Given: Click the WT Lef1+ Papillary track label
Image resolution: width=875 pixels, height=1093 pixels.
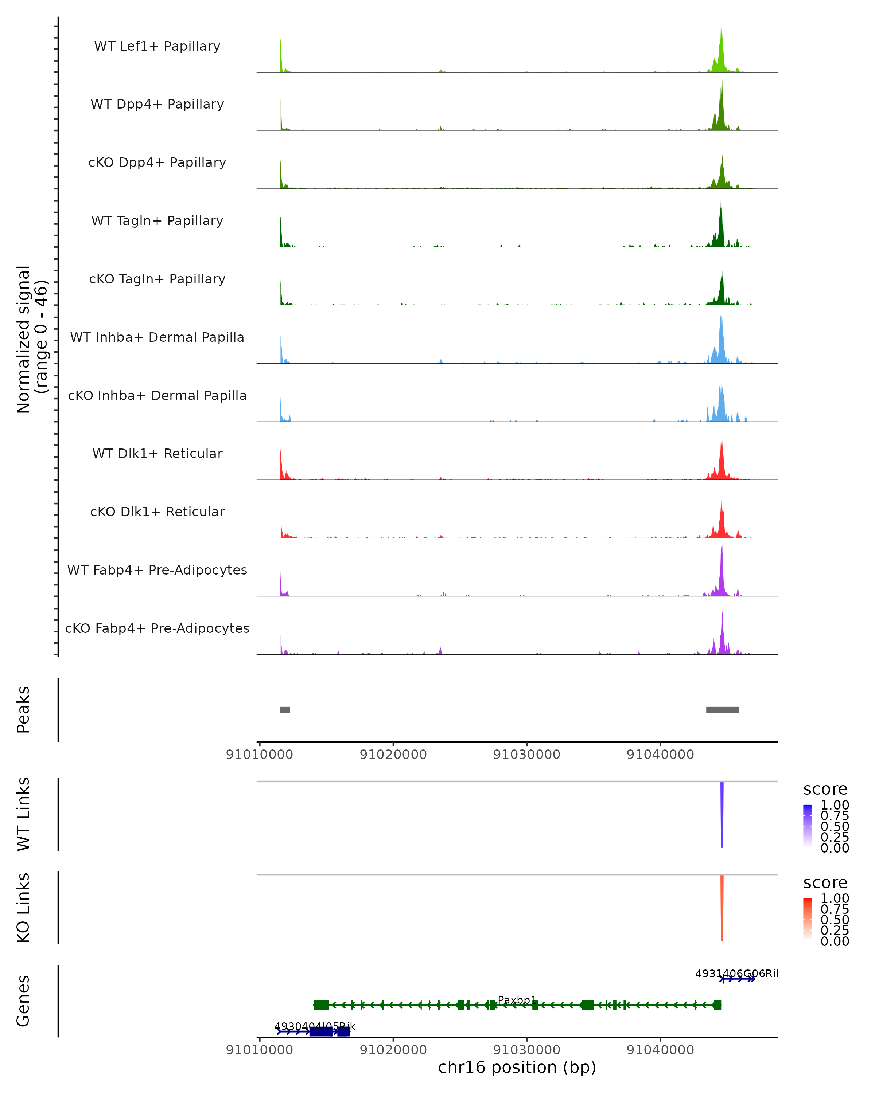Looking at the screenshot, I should tap(157, 46).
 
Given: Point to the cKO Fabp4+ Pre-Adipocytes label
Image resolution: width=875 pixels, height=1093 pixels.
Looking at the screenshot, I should tap(157, 628).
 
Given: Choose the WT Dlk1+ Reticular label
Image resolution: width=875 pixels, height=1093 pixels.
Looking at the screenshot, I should tap(157, 453).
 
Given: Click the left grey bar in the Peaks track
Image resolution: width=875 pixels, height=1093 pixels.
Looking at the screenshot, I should tap(285, 710).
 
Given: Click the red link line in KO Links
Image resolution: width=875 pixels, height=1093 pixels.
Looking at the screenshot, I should tap(722, 908).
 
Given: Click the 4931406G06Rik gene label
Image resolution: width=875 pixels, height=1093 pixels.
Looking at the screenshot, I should tap(735, 973).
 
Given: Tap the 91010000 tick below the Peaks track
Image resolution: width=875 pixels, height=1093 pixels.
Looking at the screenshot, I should tap(259, 755).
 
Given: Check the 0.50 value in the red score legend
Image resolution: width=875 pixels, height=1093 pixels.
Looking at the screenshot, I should tap(835, 920).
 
